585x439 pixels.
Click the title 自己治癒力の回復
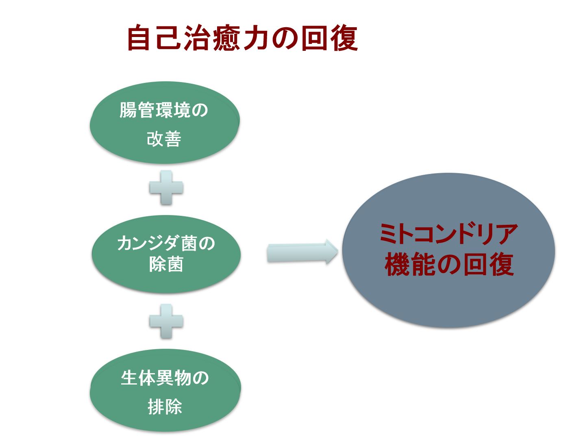pos(243,37)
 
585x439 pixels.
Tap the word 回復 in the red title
pos(329,37)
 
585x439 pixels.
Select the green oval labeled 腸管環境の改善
pos(165,122)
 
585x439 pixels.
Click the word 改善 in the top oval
pos(164,139)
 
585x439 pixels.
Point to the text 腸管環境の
pos(163,110)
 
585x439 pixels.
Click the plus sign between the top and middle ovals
pos(166,187)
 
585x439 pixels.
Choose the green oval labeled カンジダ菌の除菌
pos(166,254)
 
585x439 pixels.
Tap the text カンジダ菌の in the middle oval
pos(166,243)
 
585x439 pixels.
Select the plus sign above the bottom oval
pos(166,321)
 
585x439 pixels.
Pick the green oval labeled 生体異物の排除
pos(165,390)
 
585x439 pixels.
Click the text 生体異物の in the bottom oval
pos(164,378)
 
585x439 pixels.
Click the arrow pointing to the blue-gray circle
pos(302,252)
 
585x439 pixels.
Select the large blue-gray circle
pos(448,250)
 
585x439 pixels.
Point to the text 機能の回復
pos(449,265)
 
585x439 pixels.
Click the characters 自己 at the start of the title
pos(154,37)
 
